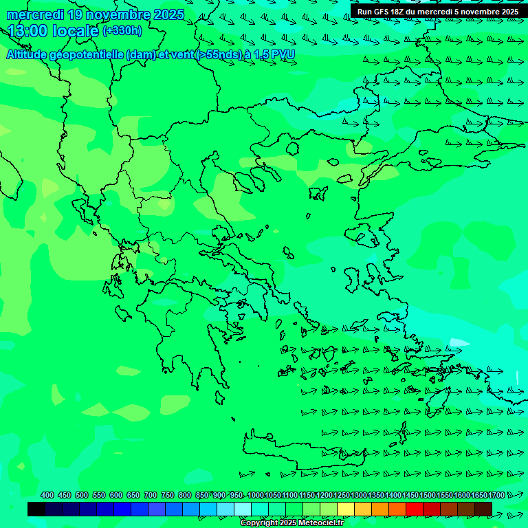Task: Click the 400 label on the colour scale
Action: pyautogui.click(x=47, y=496)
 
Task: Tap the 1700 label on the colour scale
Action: pyautogui.click(x=496, y=496)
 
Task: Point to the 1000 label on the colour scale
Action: pyautogui.click(x=256, y=496)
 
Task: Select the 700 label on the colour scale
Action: pyautogui.click(x=151, y=496)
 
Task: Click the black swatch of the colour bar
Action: pyautogui.click(x=36, y=509)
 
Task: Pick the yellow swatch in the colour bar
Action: pyautogui.click(x=346, y=509)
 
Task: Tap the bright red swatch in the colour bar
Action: pyautogui.click(x=415, y=509)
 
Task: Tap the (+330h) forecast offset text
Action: pyautogui.click(x=122, y=31)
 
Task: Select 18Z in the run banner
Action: pyautogui.click(x=397, y=12)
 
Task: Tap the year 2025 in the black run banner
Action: pyautogui.click(x=507, y=12)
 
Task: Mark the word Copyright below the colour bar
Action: pyautogui.click(x=258, y=523)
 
